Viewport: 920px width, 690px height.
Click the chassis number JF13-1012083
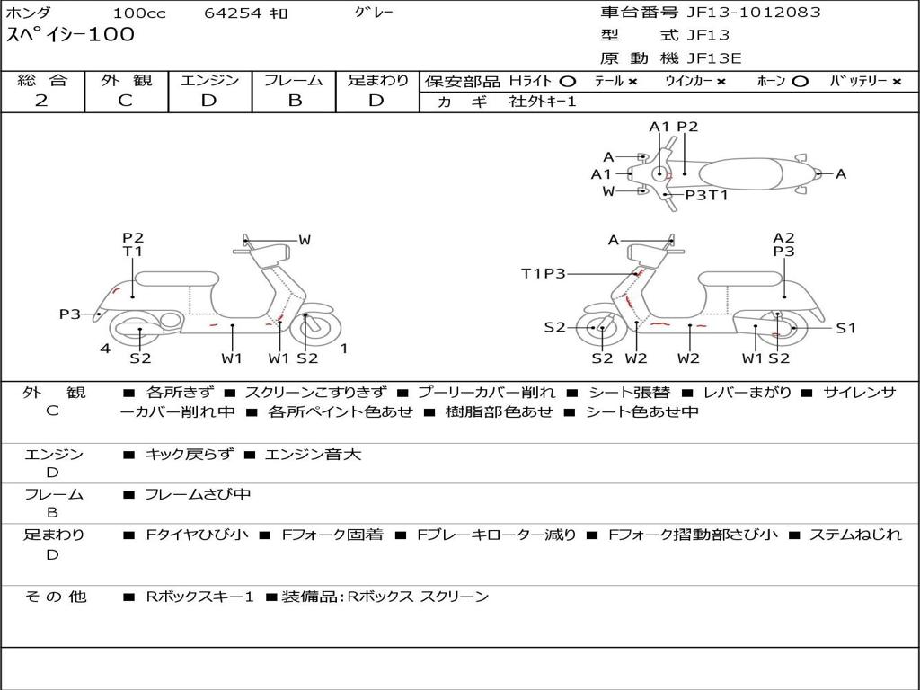click(x=754, y=12)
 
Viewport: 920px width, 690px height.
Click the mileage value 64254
click(x=232, y=13)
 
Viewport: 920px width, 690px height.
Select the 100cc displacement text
click(x=139, y=13)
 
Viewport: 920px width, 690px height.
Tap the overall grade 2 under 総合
click(x=41, y=101)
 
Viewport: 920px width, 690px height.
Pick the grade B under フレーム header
click(x=295, y=101)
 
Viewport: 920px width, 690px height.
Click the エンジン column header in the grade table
click(x=209, y=80)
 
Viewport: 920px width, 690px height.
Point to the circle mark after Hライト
click(x=568, y=82)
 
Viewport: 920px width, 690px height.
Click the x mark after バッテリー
click(x=897, y=82)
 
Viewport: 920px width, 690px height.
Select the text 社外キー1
click(x=543, y=102)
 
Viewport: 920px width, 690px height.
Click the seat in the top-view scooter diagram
click(x=740, y=174)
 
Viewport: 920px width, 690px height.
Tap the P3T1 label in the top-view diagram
click(x=706, y=195)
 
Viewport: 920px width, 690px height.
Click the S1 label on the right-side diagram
click(x=845, y=328)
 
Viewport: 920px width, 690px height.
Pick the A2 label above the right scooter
click(x=783, y=237)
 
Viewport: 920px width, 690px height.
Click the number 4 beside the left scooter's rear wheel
click(x=105, y=349)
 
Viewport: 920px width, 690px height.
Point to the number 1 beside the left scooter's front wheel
click(x=344, y=349)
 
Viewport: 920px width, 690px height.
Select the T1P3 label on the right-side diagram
click(x=544, y=273)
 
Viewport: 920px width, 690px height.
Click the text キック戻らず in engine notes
click(x=189, y=454)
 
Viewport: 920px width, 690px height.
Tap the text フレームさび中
click(x=198, y=495)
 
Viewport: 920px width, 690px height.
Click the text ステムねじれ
click(x=855, y=535)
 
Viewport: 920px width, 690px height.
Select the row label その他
click(x=56, y=597)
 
